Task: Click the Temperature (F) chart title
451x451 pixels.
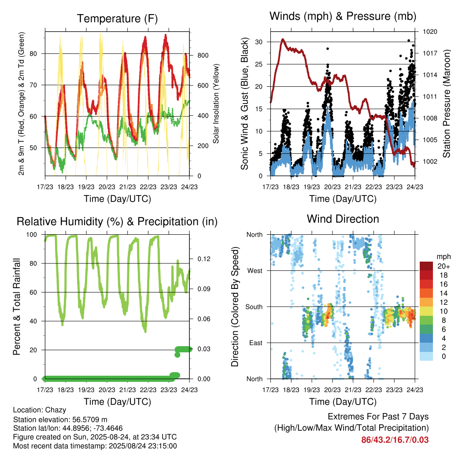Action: point(117,18)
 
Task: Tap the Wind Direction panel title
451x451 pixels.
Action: point(343,219)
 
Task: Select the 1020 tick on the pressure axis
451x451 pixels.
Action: point(430,32)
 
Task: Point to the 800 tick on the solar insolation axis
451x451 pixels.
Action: point(203,55)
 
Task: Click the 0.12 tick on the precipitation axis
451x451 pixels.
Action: point(204,259)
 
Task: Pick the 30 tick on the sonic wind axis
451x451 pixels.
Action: point(259,42)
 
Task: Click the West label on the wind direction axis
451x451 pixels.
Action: point(255,271)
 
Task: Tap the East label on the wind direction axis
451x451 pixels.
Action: point(256,343)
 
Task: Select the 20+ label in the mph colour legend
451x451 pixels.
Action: point(444,266)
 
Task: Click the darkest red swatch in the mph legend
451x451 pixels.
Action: point(426,266)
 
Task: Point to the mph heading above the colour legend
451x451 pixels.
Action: point(443,257)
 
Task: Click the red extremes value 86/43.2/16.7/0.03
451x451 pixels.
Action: point(395,440)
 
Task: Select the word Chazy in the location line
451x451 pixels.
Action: point(57,410)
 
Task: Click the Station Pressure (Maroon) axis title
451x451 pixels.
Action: point(446,104)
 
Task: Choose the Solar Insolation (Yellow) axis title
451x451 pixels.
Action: point(216,104)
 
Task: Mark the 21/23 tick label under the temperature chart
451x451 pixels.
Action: point(127,187)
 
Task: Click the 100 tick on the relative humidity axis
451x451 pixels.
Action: point(32,235)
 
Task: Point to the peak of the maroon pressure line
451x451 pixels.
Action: point(283,39)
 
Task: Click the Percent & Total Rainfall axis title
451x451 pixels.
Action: point(17,307)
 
